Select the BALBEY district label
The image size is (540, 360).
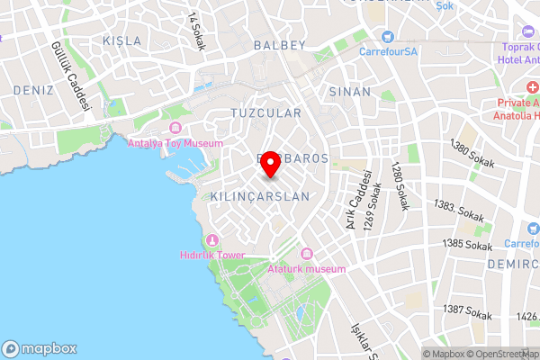click(x=280, y=44)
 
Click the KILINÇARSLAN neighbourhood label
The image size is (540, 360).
click(x=259, y=195)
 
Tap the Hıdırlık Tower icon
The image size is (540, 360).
click(x=212, y=239)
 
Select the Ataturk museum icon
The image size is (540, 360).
click(x=307, y=254)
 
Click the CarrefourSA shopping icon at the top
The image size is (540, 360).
click(x=389, y=37)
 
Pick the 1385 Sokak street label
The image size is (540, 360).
click(x=468, y=246)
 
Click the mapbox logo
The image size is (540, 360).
click(x=40, y=348)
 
